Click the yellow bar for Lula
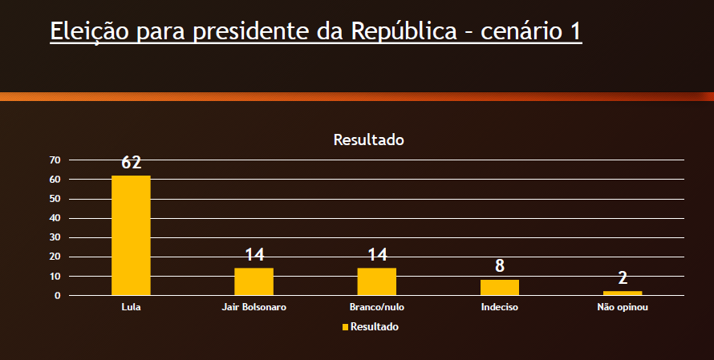point(131,235)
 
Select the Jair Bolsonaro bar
point(254,281)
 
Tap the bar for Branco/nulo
point(377,281)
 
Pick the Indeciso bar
point(500,287)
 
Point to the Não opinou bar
point(623,293)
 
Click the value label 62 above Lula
point(132,163)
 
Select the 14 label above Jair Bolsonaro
point(254,255)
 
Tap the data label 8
point(500,266)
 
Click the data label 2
point(623,278)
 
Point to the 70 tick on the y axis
point(55,160)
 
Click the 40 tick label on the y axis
point(55,218)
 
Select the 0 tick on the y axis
point(58,296)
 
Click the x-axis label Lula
point(131,307)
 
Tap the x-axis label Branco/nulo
point(377,307)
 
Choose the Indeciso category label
point(500,307)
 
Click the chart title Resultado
point(368,140)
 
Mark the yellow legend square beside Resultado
point(346,327)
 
